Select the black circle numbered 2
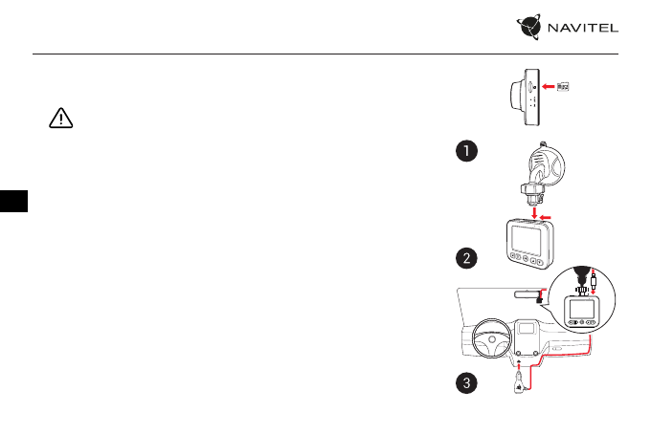465,259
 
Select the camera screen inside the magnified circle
581,308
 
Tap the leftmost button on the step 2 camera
514,257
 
